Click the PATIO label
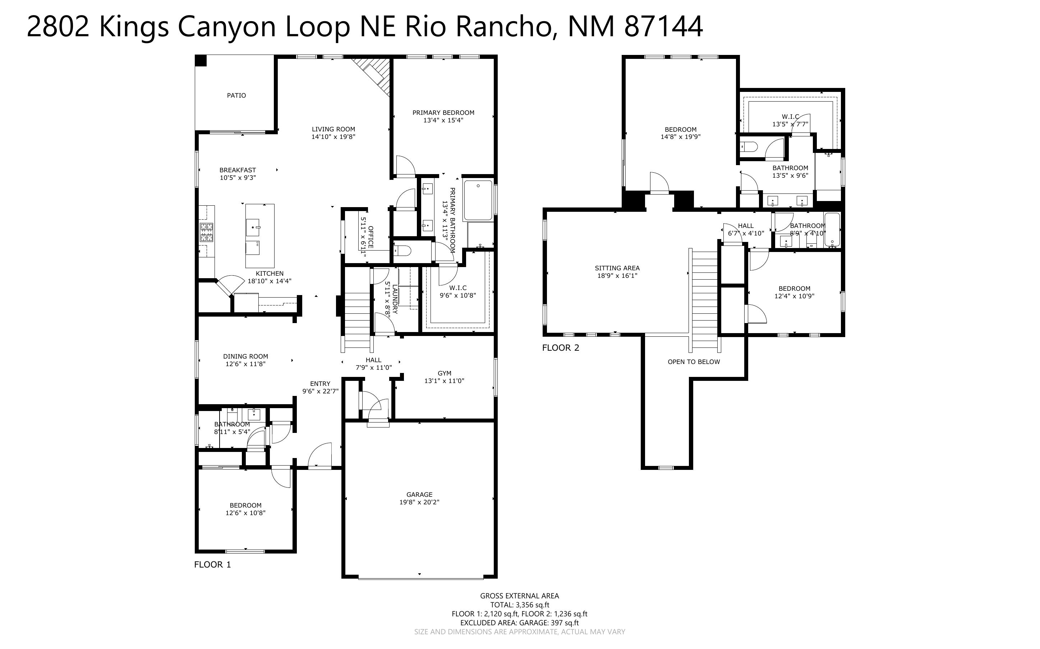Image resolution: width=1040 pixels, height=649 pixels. [236, 95]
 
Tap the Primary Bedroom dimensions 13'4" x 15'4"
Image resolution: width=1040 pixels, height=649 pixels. [443, 120]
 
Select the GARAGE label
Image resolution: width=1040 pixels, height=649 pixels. [419, 495]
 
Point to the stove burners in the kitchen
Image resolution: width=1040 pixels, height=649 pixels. [206, 232]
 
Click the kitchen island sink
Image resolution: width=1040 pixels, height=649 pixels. [253, 227]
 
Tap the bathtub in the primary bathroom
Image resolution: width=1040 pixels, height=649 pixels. [478, 200]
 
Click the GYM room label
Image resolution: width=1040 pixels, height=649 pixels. [444, 373]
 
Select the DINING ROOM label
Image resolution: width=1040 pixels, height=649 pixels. [245, 356]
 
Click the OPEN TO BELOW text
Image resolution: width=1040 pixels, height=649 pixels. [693, 362]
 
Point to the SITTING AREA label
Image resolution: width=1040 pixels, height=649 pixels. [617, 268]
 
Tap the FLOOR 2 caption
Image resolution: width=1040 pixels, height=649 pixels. [560, 348]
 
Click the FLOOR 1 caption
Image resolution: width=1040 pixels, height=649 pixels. [212, 564]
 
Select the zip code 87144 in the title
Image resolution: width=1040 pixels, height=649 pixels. [663, 27]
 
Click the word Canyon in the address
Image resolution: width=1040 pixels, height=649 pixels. [226, 27]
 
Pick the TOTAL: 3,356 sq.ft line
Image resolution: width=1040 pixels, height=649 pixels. [519, 605]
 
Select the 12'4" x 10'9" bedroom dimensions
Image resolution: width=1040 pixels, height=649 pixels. [794, 296]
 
